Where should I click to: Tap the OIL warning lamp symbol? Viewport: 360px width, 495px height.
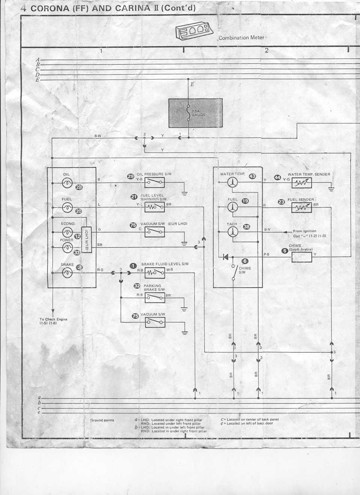click(67, 183)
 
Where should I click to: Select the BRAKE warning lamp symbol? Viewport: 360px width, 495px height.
click(67, 273)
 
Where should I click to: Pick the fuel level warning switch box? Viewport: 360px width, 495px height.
click(154, 207)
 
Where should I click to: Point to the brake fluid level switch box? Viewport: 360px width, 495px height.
click(154, 273)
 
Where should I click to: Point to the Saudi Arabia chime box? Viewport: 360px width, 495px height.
click(302, 257)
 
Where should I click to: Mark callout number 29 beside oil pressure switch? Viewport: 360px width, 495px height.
click(130, 176)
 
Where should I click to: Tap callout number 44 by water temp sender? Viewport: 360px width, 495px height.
click(277, 177)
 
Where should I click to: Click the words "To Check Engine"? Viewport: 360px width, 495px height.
click(54, 319)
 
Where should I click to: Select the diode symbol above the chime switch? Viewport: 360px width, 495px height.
click(225, 257)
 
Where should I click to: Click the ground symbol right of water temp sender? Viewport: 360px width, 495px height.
click(331, 190)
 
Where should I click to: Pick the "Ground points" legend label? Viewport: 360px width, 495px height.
click(102, 420)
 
